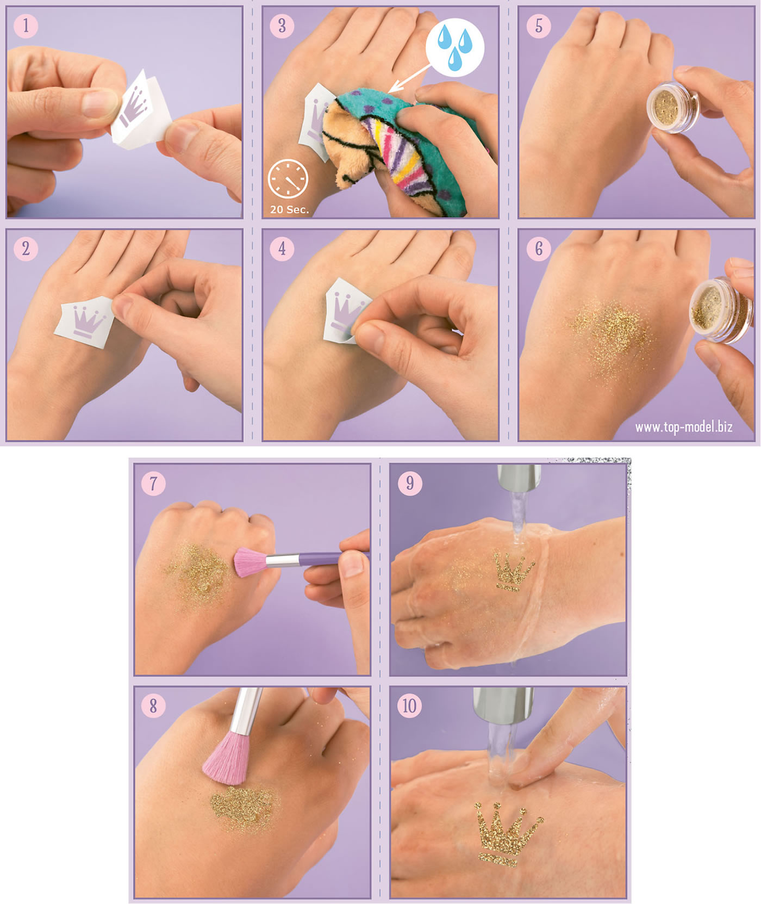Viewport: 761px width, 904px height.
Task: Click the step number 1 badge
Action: click(x=26, y=26)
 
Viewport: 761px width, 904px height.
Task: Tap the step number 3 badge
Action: click(x=282, y=26)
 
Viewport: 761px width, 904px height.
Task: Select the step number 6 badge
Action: click(x=539, y=249)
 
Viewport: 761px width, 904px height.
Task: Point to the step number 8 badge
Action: click(x=153, y=706)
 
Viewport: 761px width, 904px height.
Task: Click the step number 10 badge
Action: click(x=409, y=706)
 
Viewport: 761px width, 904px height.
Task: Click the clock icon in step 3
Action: click(x=288, y=178)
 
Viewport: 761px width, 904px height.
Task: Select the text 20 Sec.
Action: click(x=289, y=209)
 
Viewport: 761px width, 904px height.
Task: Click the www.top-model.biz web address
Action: click(x=684, y=427)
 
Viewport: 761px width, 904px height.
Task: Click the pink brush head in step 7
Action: click(x=251, y=562)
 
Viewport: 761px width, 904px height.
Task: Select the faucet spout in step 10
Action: click(x=503, y=704)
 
